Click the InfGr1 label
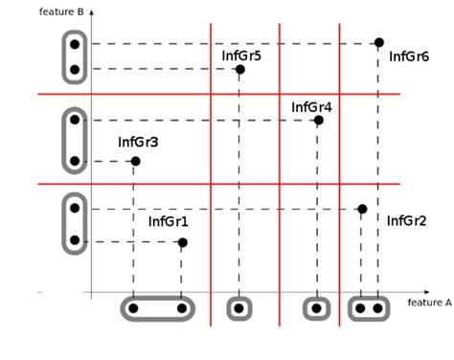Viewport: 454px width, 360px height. point(168,222)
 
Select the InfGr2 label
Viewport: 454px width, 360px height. point(407,221)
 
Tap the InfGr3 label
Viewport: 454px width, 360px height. point(138,143)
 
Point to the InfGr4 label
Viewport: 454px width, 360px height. point(311,107)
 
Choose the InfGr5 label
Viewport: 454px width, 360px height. point(241,56)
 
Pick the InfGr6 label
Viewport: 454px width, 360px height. point(409,56)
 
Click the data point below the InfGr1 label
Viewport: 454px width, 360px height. point(183,242)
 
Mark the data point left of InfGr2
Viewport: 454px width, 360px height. point(361,209)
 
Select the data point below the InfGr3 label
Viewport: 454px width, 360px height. point(135,161)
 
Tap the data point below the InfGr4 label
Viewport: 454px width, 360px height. point(319,120)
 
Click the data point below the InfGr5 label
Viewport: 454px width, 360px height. point(239,69)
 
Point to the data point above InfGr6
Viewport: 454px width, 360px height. point(378,43)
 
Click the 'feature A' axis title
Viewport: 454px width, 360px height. point(429,302)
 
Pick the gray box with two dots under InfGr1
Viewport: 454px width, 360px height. point(158,308)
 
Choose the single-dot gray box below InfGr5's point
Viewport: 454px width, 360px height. point(239,308)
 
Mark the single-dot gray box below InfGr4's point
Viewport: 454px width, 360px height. point(316,308)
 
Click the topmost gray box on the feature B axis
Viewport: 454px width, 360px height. point(74,56)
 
